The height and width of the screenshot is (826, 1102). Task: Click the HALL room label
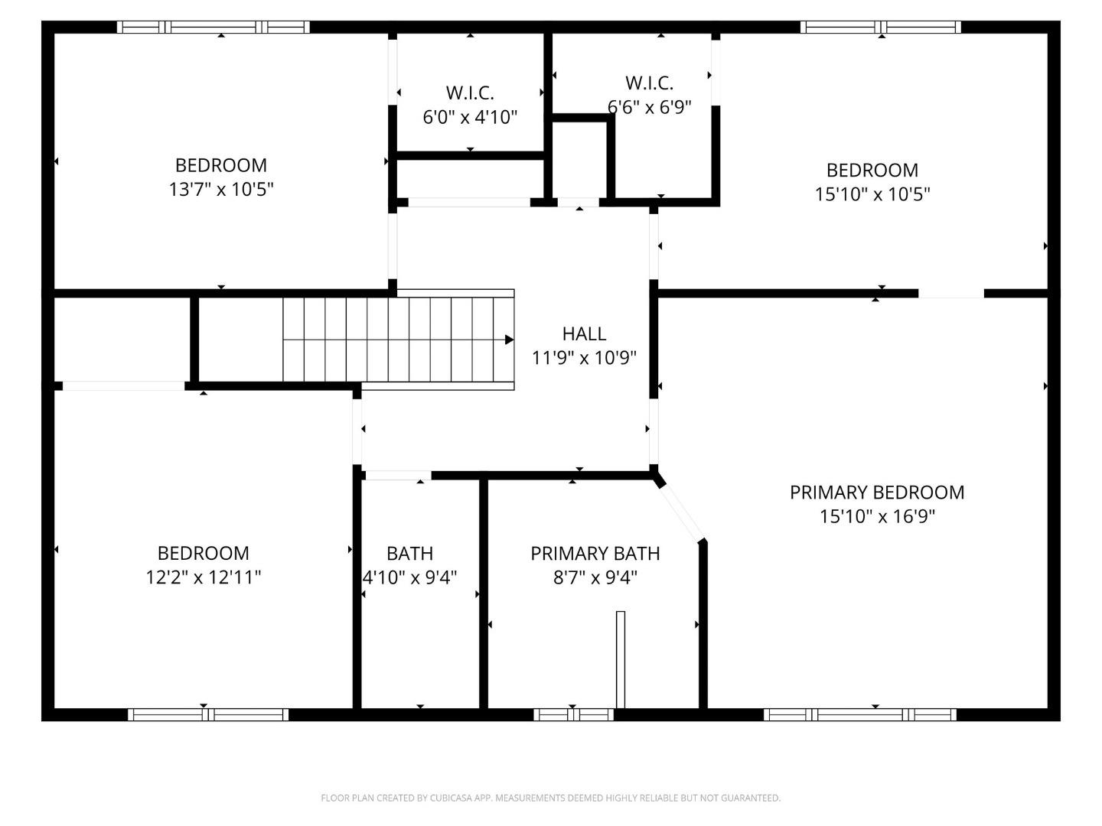[x=584, y=334]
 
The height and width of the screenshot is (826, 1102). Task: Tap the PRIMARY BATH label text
[x=595, y=554]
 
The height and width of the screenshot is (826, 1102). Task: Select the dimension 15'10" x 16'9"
[x=877, y=516]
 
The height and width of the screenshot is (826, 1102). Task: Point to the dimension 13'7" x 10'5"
[x=221, y=190]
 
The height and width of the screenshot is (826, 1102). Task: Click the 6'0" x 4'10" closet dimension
[x=470, y=117]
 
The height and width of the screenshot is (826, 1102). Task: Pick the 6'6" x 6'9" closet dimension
[x=649, y=107]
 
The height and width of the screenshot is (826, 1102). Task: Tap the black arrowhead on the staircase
[x=509, y=340]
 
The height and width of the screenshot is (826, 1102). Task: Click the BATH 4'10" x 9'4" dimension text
[x=409, y=577]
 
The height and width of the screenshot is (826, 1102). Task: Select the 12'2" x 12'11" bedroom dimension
[x=204, y=577]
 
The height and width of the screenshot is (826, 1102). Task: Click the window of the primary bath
[x=573, y=714]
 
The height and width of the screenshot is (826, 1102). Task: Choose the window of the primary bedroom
[x=860, y=714]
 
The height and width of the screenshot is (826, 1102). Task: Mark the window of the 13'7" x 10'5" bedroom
[x=214, y=27]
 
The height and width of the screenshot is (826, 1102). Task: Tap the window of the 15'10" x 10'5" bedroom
[x=881, y=27]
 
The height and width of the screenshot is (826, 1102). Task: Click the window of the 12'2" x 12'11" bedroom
[x=208, y=714]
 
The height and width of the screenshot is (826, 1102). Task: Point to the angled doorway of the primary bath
[x=681, y=512]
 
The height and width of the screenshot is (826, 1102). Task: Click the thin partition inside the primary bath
[x=621, y=659]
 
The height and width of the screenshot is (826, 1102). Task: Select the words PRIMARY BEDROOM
[x=877, y=493]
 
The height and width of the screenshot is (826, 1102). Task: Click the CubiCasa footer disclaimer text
[x=551, y=798]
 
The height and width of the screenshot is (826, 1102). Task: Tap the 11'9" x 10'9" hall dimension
[x=584, y=358]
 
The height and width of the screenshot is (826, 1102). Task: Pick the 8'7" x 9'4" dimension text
[x=595, y=577]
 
